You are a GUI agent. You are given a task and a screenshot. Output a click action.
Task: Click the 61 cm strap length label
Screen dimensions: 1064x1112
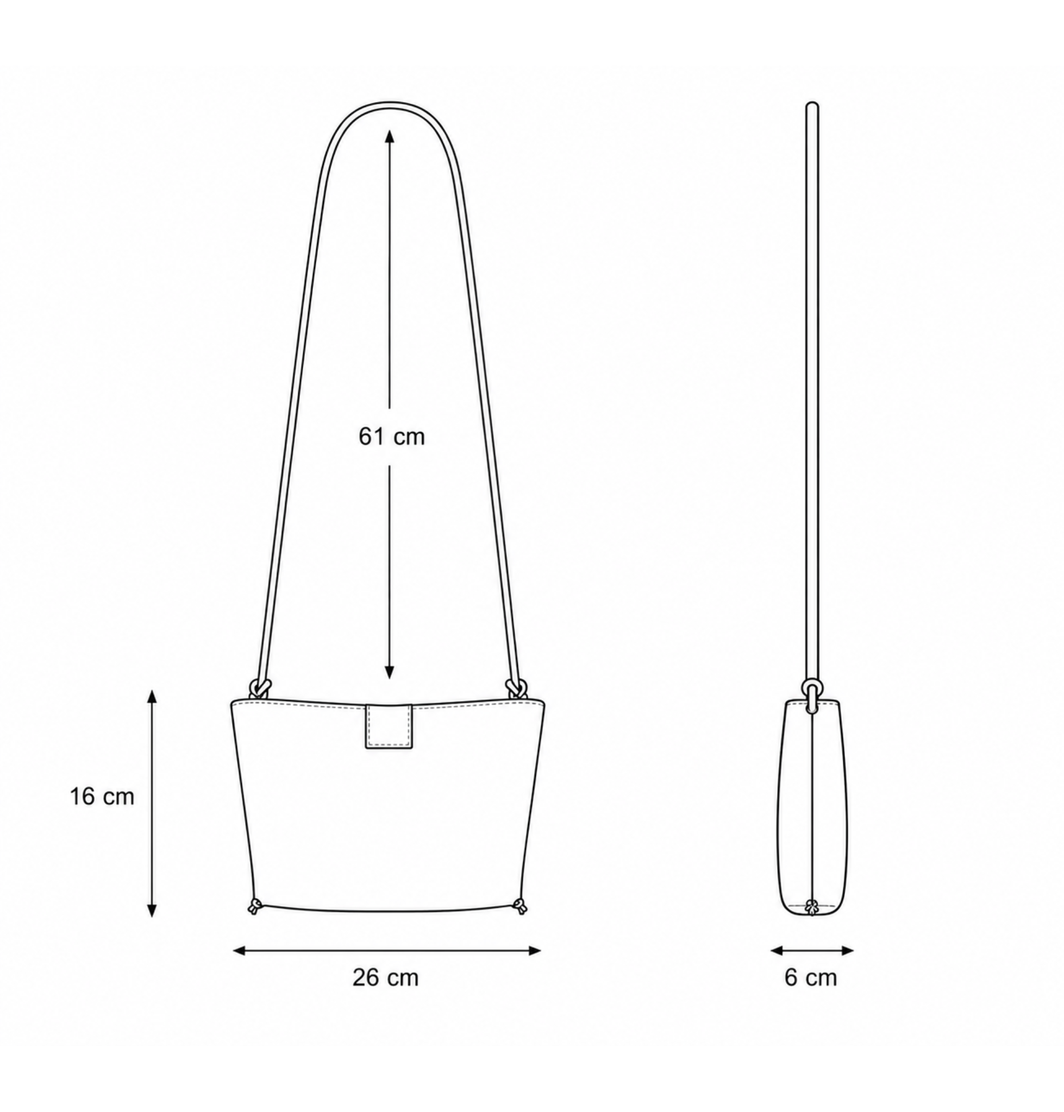pos(391,437)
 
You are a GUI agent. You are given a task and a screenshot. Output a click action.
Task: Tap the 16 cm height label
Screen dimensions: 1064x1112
pos(102,797)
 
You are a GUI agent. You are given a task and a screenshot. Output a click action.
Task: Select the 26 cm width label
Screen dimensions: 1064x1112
pos(386,978)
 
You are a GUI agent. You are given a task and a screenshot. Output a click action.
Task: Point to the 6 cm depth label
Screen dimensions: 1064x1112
pos(811,978)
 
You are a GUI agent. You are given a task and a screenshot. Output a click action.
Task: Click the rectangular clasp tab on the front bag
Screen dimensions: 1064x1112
pos(389,726)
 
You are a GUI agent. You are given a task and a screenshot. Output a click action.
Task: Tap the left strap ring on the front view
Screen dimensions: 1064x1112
pos(261,687)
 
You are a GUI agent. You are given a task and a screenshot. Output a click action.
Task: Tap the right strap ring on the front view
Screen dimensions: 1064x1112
pos(517,687)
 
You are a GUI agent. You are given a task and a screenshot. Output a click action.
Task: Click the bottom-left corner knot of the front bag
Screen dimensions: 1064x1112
pos(255,906)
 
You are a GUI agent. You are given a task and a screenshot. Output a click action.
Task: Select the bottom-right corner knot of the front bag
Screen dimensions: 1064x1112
pos(519,906)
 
